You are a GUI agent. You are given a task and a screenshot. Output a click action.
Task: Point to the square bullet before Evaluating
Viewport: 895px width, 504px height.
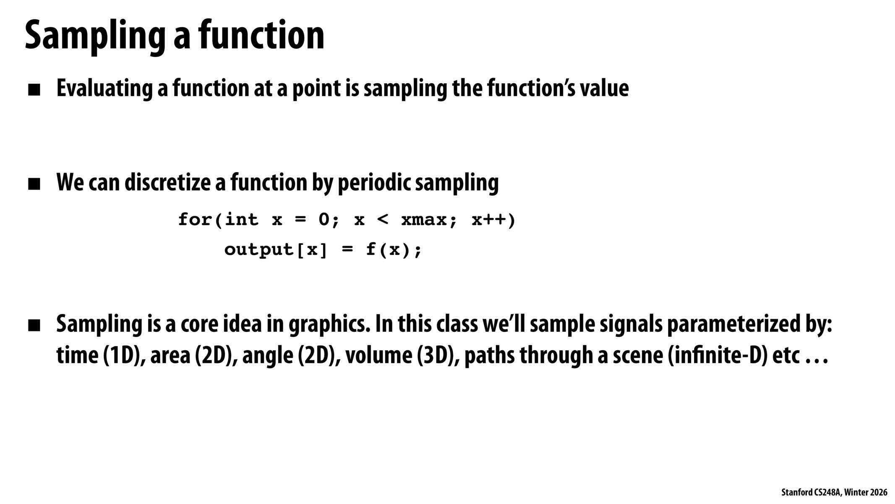(34, 90)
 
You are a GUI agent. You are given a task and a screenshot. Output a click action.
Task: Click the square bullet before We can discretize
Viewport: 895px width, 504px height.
(34, 184)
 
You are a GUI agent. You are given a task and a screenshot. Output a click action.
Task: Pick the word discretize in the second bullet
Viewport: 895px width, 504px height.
(167, 183)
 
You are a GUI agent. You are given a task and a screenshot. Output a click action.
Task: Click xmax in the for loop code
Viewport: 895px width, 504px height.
(424, 220)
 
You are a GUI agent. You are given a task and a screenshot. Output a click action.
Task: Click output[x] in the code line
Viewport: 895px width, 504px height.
(275, 250)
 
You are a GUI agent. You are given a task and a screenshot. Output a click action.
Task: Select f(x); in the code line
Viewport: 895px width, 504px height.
(393, 250)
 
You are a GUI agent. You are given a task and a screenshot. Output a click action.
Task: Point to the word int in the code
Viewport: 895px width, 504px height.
(242, 220)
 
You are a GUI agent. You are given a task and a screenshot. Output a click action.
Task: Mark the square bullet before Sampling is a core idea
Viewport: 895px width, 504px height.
(34, 325)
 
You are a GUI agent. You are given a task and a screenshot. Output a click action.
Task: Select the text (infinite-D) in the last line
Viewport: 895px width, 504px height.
(716, 355)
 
